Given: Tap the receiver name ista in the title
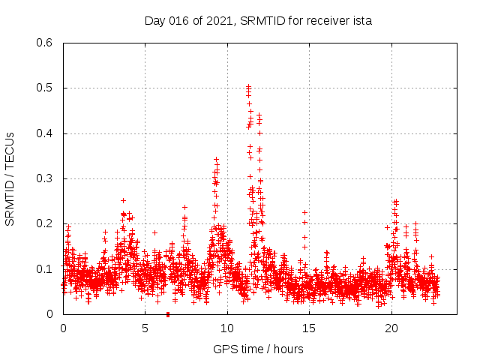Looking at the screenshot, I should [x=361, y=20].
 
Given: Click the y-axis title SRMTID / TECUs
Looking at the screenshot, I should [x=10, y=178].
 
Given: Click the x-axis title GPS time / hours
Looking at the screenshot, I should [x=258, y=349].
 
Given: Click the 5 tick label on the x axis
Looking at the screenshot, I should [x=145, y=328].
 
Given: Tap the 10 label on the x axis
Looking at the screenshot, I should [x=227, y=328].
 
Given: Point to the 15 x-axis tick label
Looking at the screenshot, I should [x=309, y=328].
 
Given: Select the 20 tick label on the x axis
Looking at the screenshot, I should [x=391, y=328].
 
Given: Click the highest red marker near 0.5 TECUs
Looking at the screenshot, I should [x=248, y=86].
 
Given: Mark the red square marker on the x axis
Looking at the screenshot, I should [x=167, y=314].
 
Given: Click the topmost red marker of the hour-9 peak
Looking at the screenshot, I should [x=216, y=159].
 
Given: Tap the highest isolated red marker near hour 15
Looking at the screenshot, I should [x=304, y=212].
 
